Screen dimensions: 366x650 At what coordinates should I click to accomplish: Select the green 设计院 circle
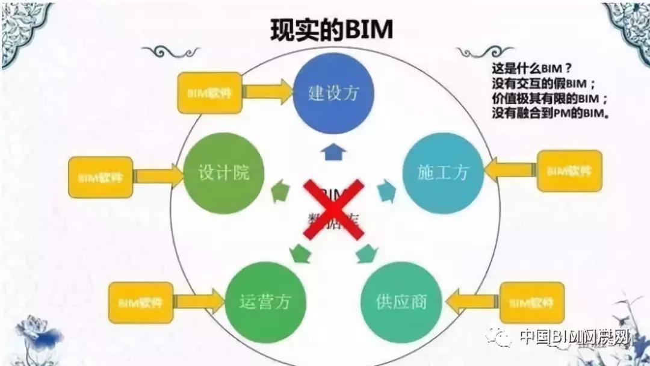215,173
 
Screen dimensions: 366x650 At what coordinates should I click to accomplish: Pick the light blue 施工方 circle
443,173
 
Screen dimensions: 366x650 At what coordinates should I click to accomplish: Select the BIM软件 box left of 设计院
101,177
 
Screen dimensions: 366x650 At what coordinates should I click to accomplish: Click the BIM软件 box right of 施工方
569,171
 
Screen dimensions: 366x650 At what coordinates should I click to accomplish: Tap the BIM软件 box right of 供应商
532,302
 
